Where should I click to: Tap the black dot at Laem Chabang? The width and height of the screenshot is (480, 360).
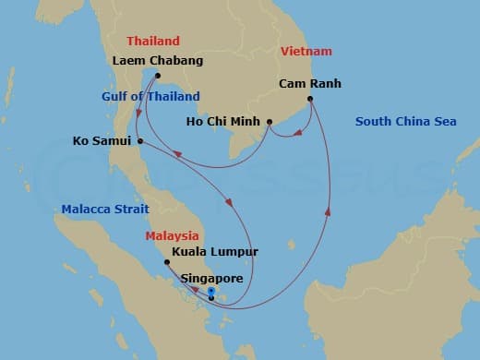(159, 76)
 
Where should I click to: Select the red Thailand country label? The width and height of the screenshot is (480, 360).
(153, 42)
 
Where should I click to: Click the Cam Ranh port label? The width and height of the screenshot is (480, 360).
(310, 84)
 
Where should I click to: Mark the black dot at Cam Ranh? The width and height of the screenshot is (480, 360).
(310, 98)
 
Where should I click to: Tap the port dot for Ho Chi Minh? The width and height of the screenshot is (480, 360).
(270, 122)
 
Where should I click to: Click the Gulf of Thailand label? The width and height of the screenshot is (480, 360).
(150, 97)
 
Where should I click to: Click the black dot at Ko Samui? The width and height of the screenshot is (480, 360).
(139, 141)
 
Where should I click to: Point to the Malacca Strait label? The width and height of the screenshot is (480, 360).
(105, 210)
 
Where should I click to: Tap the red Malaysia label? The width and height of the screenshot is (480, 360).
(171, 236)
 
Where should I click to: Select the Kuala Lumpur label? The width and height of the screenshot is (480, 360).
(215, 251)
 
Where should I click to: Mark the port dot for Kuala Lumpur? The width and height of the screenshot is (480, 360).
(167, 262)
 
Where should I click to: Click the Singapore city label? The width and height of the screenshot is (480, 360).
(212, 278)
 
